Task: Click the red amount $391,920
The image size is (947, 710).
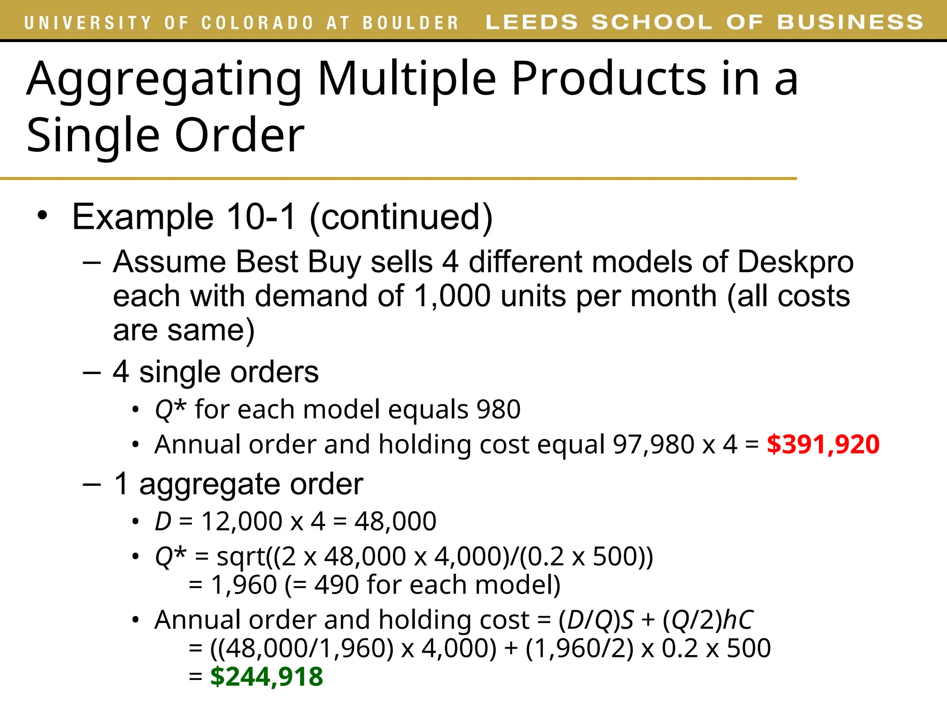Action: pos(823,445)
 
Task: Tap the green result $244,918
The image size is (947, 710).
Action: pos(266,677)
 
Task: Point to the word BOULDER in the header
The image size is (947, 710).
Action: pos(410,23)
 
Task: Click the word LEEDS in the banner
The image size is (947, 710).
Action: pos(531,22)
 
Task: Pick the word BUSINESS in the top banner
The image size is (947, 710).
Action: pos(850,22)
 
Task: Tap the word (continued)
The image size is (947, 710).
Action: pos(401,217)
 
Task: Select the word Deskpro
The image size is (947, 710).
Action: pos(795,262)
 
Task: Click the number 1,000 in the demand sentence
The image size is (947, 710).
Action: pos(452,296)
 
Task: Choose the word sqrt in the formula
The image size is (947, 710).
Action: pos(241,557)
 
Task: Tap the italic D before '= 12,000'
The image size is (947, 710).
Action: pos(163,521)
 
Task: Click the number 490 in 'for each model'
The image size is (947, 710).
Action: pos(336,585)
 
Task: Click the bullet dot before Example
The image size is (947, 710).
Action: pos(43,215)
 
